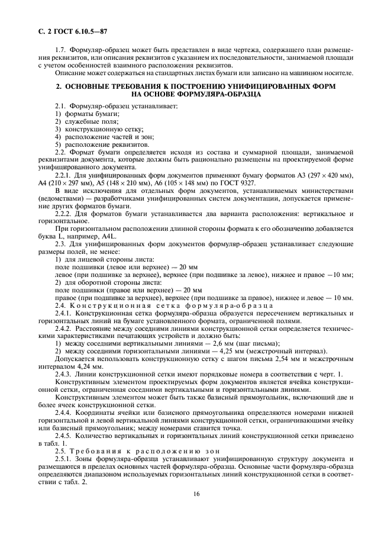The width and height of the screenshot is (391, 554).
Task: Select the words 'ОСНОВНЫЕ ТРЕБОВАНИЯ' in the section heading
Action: tap(115, 86)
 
